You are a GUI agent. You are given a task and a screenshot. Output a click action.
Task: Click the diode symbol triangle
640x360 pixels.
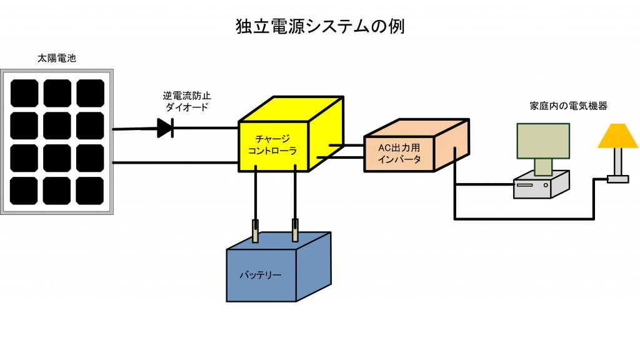(164, 129)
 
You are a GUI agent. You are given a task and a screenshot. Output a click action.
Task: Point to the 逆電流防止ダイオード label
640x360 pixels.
(185, 101)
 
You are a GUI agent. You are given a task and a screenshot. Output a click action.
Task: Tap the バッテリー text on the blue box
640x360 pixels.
(261, 275)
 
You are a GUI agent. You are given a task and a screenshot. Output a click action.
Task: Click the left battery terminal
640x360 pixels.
(255, 231)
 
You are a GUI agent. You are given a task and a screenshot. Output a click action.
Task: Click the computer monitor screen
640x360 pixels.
(543, 141)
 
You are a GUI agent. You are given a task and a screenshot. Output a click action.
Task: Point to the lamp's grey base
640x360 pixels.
(617, 179)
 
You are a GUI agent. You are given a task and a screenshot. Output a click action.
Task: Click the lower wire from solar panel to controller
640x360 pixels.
(175, 162)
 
